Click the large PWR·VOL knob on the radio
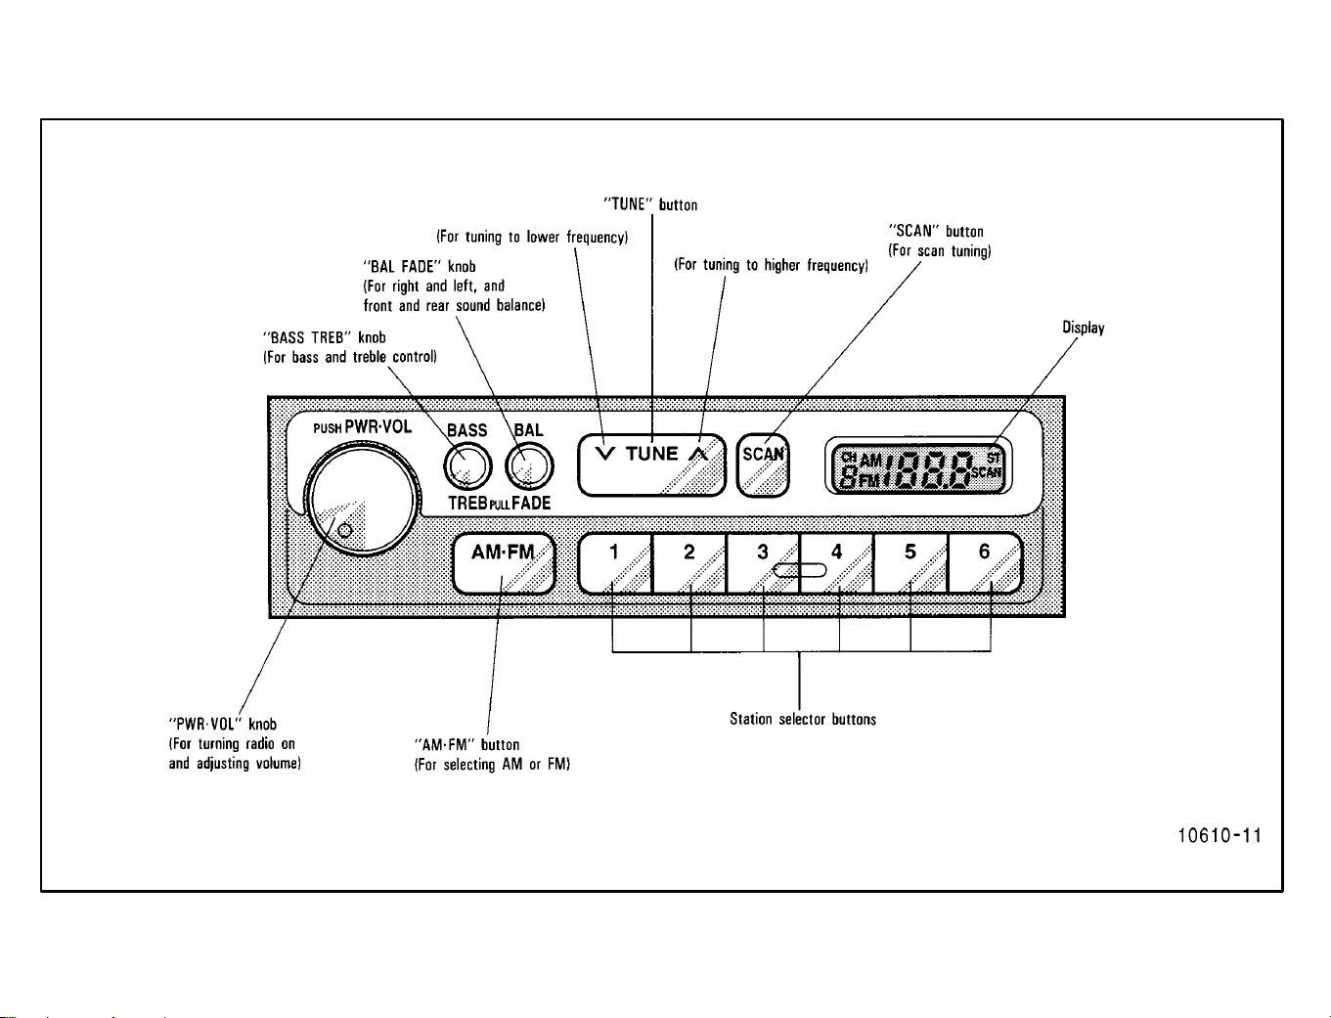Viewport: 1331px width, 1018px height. click(362, 500)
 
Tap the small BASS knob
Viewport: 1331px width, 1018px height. click(467, 466)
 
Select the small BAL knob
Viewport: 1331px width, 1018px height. click(529, 466)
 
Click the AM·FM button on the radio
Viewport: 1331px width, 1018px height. click(504, 563)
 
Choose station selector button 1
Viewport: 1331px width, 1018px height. click(615, 563)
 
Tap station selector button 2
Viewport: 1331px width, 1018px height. click(688, 563)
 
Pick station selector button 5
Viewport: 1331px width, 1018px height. click(910, 563)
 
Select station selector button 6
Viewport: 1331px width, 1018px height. click(985, 563)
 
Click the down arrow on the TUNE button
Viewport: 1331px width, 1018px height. click(605, 453)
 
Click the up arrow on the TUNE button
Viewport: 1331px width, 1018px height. click(698, 453)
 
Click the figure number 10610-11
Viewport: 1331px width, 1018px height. click(1219, 836)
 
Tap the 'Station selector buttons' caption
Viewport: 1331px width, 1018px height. click(803, 719)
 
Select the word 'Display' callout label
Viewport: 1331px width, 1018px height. click(1083, 328)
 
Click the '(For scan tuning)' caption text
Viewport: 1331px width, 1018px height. click(939, 251)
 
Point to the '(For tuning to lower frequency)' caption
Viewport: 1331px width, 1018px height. click(532, 237)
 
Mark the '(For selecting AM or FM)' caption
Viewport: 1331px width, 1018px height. click(492, 765)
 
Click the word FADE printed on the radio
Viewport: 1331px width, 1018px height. click(531, 504)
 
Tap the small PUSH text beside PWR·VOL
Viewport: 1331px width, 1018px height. click(328, 428)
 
